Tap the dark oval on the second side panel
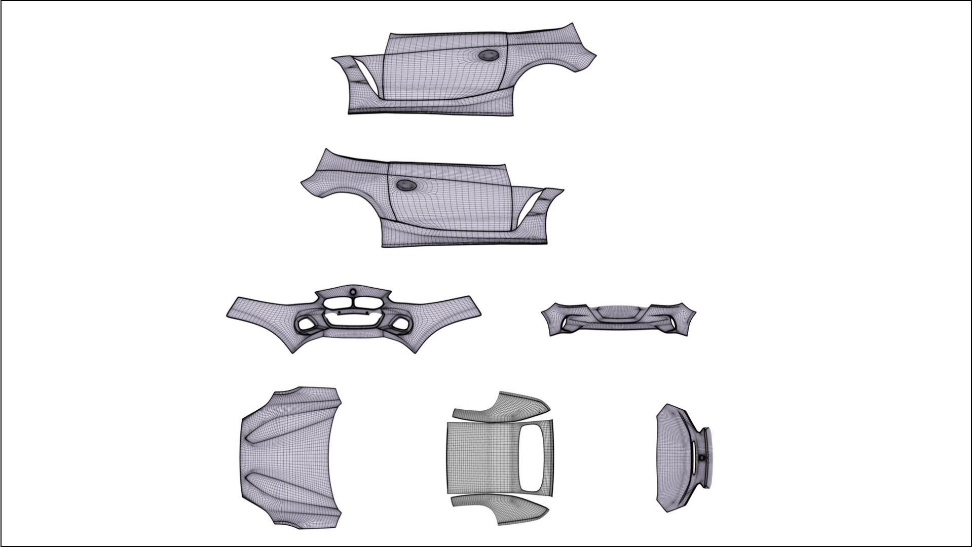click(405, 186)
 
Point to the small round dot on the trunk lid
click(702, 457)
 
